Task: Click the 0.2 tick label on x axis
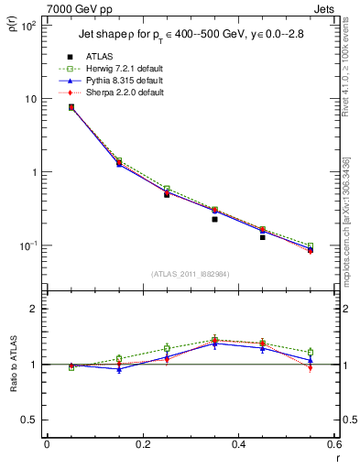pyautogui.click(x=143, y=444)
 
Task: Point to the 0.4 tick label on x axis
pyautogui.click(x=239, y=444)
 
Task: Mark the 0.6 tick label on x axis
pyautogui.click(x=334, y=444)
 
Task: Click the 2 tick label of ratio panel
pyautogui.click(x=34, y=310)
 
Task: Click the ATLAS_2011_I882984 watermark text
pyautogui.click(x=191, y=273)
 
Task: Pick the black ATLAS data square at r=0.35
pyautogui.click(x=214, y=219)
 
